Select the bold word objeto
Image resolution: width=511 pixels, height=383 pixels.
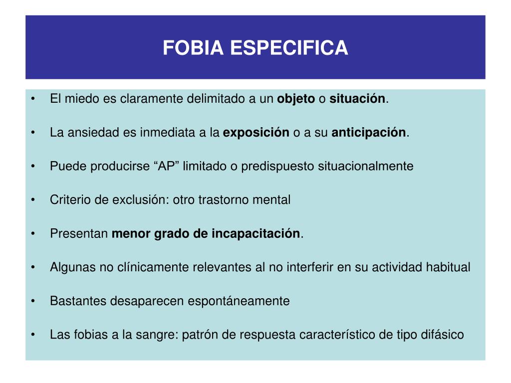click(296, 99)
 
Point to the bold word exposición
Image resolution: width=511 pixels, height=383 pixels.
click(256, 133)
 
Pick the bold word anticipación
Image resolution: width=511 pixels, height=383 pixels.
click(369, 133)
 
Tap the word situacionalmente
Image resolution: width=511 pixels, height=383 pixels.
click(366, 166)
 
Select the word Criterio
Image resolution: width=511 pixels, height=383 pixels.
click(70, 200)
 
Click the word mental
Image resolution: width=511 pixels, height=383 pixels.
click(272, 200)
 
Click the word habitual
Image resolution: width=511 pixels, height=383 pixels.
click(448, 267)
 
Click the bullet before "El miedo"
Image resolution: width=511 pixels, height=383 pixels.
click(33, 99)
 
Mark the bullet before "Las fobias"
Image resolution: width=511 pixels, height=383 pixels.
click(33, 335)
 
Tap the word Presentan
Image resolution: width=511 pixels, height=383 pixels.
click(79, 234)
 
